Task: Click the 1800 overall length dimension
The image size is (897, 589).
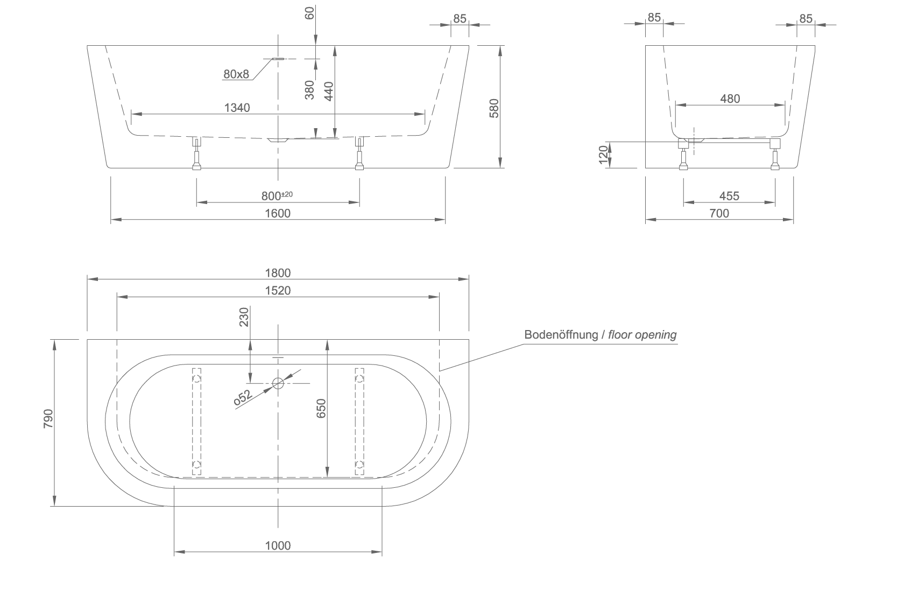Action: point(278,273)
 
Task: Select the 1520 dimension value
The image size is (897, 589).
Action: point(278,291)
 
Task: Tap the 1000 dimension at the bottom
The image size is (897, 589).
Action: point(278,545)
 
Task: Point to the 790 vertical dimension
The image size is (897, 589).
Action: point(48,418)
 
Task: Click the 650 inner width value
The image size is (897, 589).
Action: point(321,408)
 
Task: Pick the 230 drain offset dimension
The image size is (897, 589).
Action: point(244,317)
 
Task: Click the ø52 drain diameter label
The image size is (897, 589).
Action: point(243,397)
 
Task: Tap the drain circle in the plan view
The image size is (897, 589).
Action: point(278,383)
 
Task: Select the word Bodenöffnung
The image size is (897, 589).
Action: point(561,334)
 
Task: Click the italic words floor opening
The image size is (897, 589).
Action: point(642,334)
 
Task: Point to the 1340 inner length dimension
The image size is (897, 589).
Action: point(237,108)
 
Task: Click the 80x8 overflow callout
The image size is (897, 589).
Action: point(236,74)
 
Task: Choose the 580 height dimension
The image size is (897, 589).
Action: point(494,108)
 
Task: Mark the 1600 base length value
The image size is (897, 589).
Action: point(278,213)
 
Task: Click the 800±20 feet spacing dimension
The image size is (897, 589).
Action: point(277,196)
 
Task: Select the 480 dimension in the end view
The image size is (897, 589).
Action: point(730,99)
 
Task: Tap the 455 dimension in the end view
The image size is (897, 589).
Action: point(729,196)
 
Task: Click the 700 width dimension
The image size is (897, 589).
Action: point(719,213)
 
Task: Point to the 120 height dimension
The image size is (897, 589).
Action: point(603,155)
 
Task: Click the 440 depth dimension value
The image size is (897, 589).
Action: point(329,92)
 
